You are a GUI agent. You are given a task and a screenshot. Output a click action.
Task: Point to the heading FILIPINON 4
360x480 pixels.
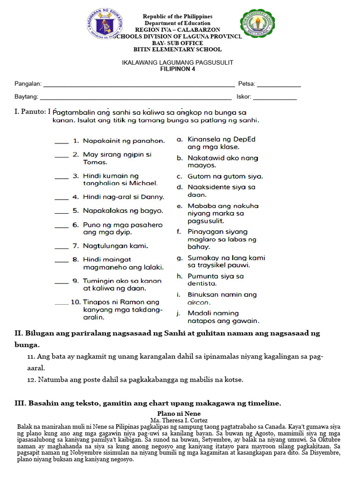(x=178, y=69)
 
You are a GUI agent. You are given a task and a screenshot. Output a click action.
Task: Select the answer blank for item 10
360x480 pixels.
(x=61, y=304)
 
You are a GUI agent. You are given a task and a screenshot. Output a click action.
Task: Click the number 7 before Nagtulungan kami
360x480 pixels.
(x=75, y=246)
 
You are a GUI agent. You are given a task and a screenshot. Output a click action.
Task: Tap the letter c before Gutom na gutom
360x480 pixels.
(x=179, y=177)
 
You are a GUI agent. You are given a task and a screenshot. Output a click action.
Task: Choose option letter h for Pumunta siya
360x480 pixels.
(x=179, y=277)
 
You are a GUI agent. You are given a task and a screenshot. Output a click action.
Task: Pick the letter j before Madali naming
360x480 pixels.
(x=179, y=314)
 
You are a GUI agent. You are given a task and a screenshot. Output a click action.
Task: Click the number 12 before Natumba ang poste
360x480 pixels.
(x=31, y=380)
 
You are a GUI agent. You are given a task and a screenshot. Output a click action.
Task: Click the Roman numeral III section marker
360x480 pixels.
(x=20, y=403)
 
